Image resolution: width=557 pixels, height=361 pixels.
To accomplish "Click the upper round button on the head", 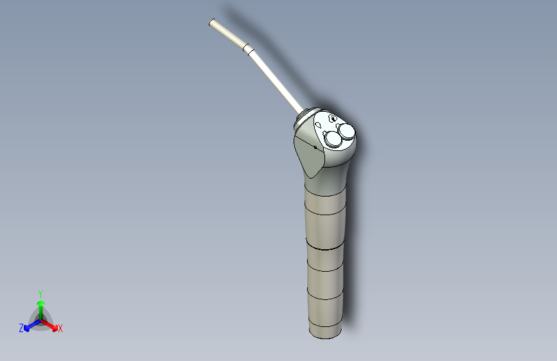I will click(347, 132).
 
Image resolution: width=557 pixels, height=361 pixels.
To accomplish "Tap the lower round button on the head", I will click(334, 139).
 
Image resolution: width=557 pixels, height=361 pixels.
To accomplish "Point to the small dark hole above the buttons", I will click(332, 119).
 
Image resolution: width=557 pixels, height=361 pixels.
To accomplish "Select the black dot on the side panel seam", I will click(315, 147).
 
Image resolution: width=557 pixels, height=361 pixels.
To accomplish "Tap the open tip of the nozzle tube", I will click(211, 23).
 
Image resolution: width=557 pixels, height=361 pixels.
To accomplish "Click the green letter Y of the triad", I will click(40, 293).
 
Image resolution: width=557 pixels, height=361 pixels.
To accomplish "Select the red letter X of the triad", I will click(60, 329).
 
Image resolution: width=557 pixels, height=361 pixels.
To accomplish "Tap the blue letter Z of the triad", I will click(21, 328).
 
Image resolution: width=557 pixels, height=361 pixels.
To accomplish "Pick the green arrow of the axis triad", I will click(40, 306).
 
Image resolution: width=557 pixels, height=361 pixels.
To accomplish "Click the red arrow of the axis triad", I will click(51, 324).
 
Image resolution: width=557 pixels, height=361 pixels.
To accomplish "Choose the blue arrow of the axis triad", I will click(30, 324).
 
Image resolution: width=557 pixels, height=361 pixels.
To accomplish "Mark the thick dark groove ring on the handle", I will click(325, 247).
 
